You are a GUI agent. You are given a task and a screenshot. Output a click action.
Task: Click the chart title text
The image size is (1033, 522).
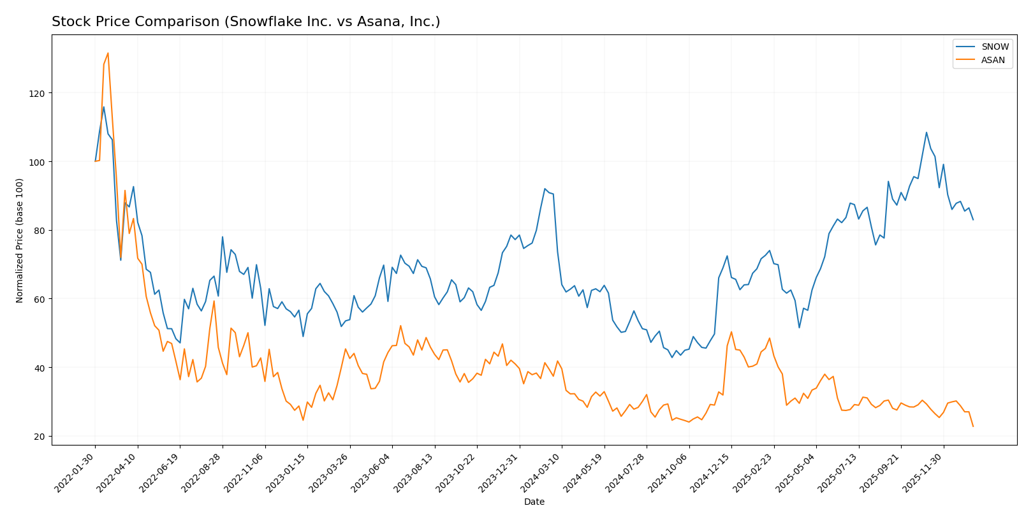(245, 22)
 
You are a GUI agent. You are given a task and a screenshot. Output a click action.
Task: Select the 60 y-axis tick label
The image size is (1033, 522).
(40, 299)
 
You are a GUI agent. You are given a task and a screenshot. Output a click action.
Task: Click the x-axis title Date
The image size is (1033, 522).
(534, 502)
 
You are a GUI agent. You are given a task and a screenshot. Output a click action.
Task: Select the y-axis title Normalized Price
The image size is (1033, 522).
(20, 240)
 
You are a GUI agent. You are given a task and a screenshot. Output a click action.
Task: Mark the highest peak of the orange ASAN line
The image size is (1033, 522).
(108, 53)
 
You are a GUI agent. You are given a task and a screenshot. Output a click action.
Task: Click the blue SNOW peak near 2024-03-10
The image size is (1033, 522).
(545, 189)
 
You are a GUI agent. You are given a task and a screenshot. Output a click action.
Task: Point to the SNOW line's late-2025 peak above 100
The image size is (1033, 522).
(927, 133)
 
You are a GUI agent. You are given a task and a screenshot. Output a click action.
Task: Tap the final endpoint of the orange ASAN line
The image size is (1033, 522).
(973, 426)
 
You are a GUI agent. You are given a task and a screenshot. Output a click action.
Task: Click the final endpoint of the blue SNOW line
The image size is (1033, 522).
(973, 220)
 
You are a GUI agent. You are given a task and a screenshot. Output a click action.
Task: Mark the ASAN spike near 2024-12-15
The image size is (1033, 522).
(731, 331)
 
